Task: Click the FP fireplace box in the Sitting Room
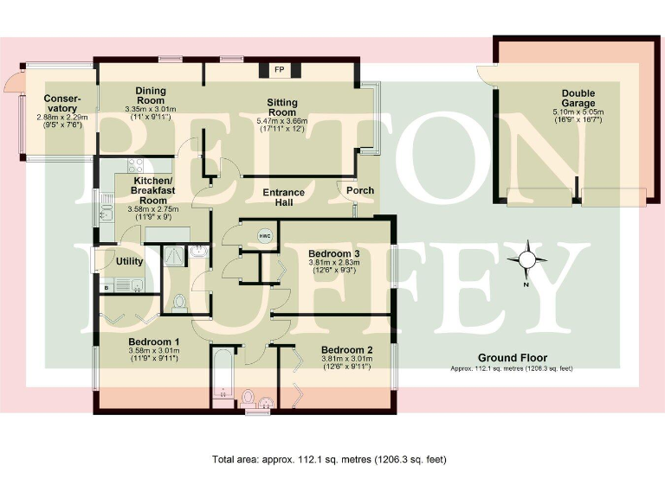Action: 280,69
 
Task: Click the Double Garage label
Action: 578,99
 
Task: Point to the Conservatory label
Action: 61,103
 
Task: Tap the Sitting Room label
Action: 282,107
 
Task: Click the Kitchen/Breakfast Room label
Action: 144,191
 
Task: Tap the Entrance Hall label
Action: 284,197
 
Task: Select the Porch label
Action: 359,190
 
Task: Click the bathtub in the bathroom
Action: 223,372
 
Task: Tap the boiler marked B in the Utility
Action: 107,285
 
